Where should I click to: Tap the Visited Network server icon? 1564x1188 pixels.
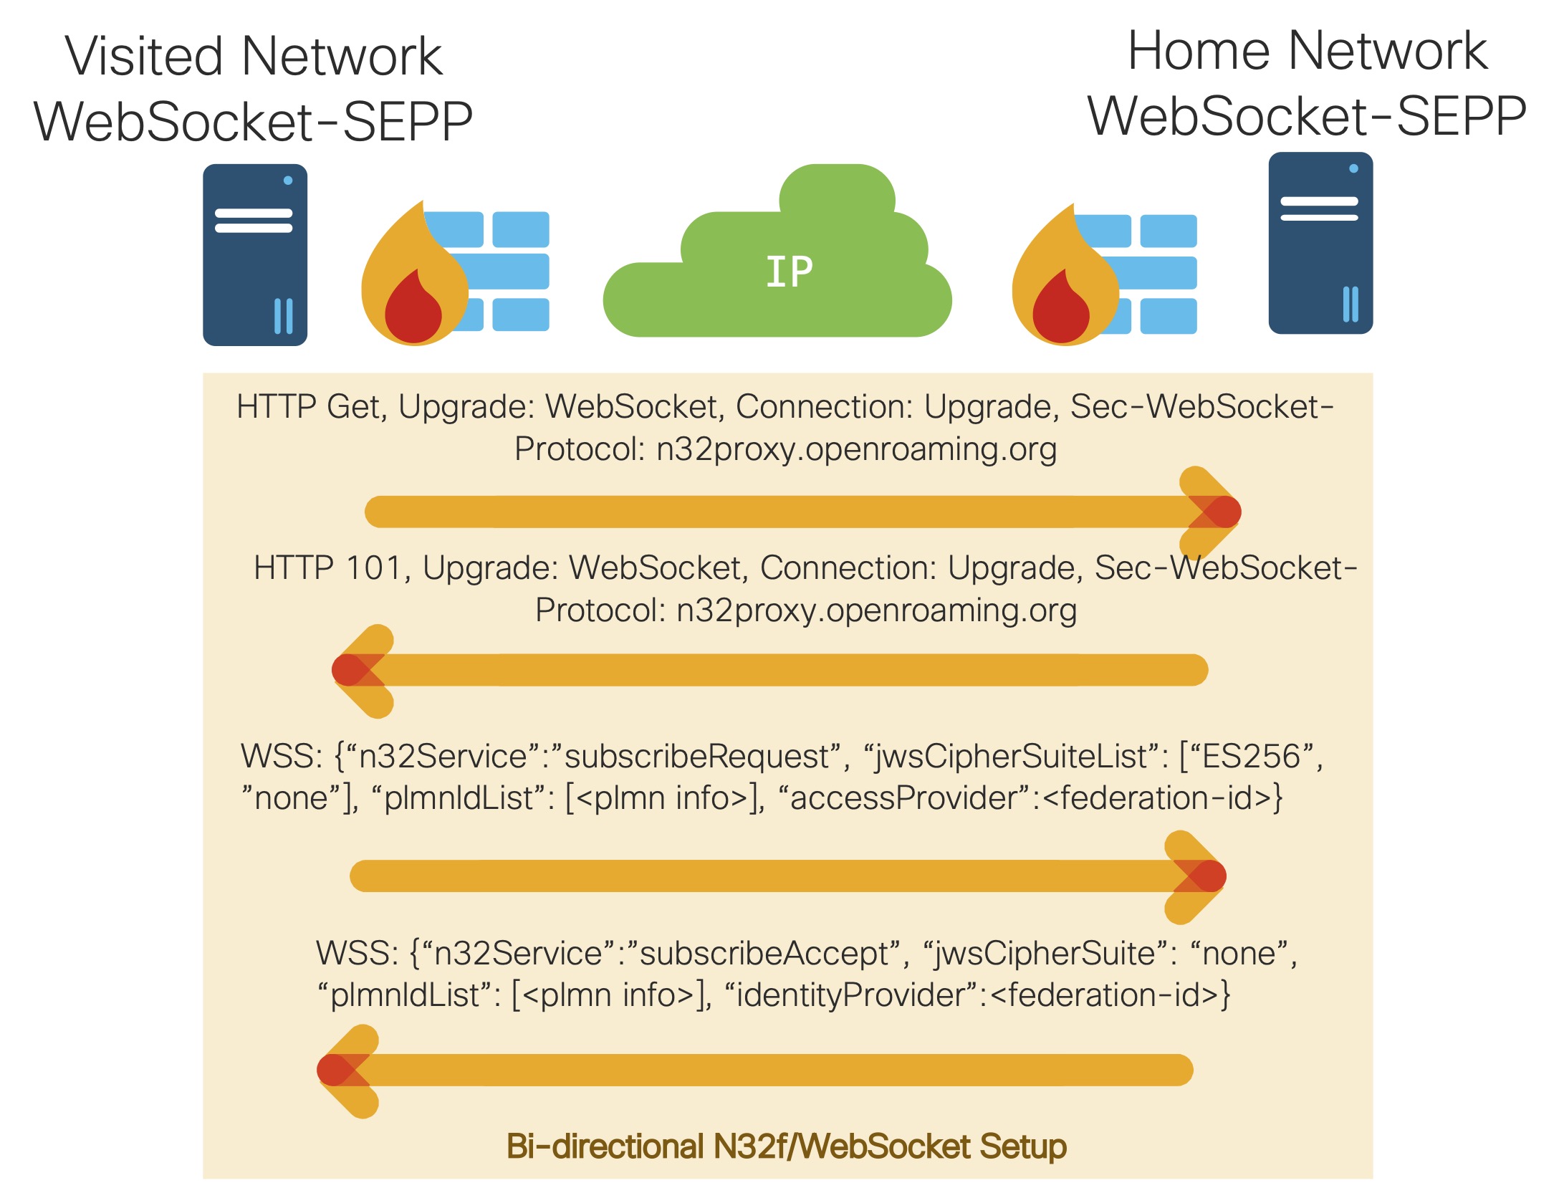[x=255, y=255]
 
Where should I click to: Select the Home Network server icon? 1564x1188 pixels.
[x=1320, y=243]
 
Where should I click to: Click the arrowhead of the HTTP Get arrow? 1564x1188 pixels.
[x=1218, y=512]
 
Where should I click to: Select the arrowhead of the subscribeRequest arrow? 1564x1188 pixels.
[x=1204, y=876]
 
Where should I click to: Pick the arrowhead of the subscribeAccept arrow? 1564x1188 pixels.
[x=341, y=1070]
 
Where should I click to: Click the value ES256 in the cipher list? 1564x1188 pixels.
[x=1250, y=756]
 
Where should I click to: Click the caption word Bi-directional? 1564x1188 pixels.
[x=605, y=1146]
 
